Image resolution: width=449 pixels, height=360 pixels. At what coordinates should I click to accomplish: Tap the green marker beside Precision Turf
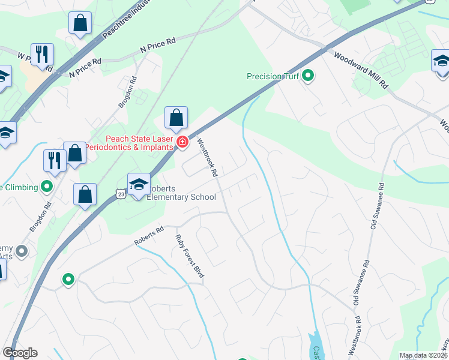tap(309, 76)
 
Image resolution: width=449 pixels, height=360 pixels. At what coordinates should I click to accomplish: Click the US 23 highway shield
tap(122, 194)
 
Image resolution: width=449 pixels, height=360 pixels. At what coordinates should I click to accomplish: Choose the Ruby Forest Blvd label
tap(190, 256)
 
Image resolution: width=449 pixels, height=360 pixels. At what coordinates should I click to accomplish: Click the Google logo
tap(20, 353)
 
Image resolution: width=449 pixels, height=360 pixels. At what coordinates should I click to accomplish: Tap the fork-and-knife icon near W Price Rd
tap(42, 54)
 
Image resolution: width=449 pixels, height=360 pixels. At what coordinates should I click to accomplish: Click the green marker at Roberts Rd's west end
tap(68, 279)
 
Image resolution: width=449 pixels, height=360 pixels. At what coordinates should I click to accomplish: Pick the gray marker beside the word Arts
tap(22, 251)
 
